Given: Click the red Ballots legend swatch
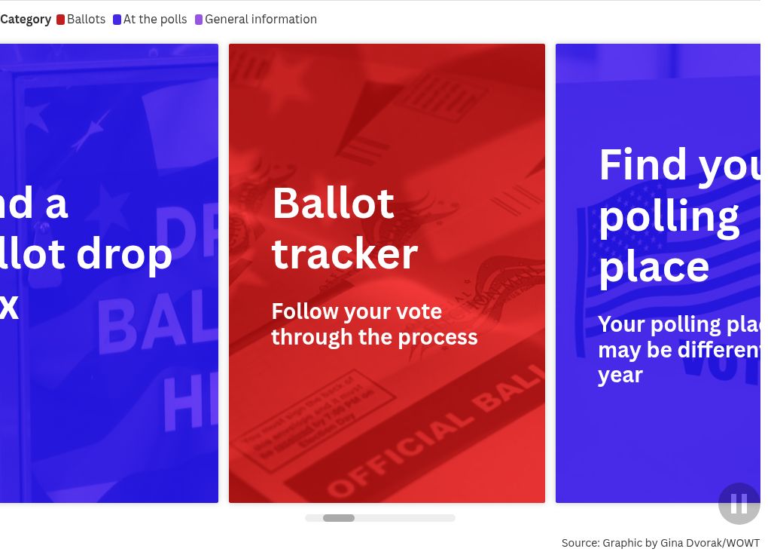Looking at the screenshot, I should click(x=60, y=20).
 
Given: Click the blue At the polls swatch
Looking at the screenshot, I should click(x=117, y=20).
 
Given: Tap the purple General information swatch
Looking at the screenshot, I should click(x=199, y=20).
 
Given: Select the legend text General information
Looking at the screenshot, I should click(x=261, y=20).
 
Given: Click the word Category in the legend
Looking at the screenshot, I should click(x=26, y=20).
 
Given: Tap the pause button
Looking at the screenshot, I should click(x=739, y=504).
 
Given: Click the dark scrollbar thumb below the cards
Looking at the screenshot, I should click(x=339, y=518).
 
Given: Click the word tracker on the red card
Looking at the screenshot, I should click(x=344, y=253).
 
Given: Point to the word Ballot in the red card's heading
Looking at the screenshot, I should click(x=333, y=203).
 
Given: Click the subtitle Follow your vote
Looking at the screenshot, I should click(x=356, y=311).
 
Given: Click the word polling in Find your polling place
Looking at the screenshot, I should click(x=669, y=216).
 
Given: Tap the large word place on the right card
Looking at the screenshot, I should click(x=654, y=267).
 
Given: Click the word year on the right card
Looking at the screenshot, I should click(x=620, y=375).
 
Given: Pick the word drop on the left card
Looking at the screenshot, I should click(x=124, y=254).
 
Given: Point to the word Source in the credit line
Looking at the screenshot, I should click(x=580, y=543).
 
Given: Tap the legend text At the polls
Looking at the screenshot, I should click(x=155, y=20).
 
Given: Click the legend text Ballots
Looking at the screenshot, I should click(x=86, y=20).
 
